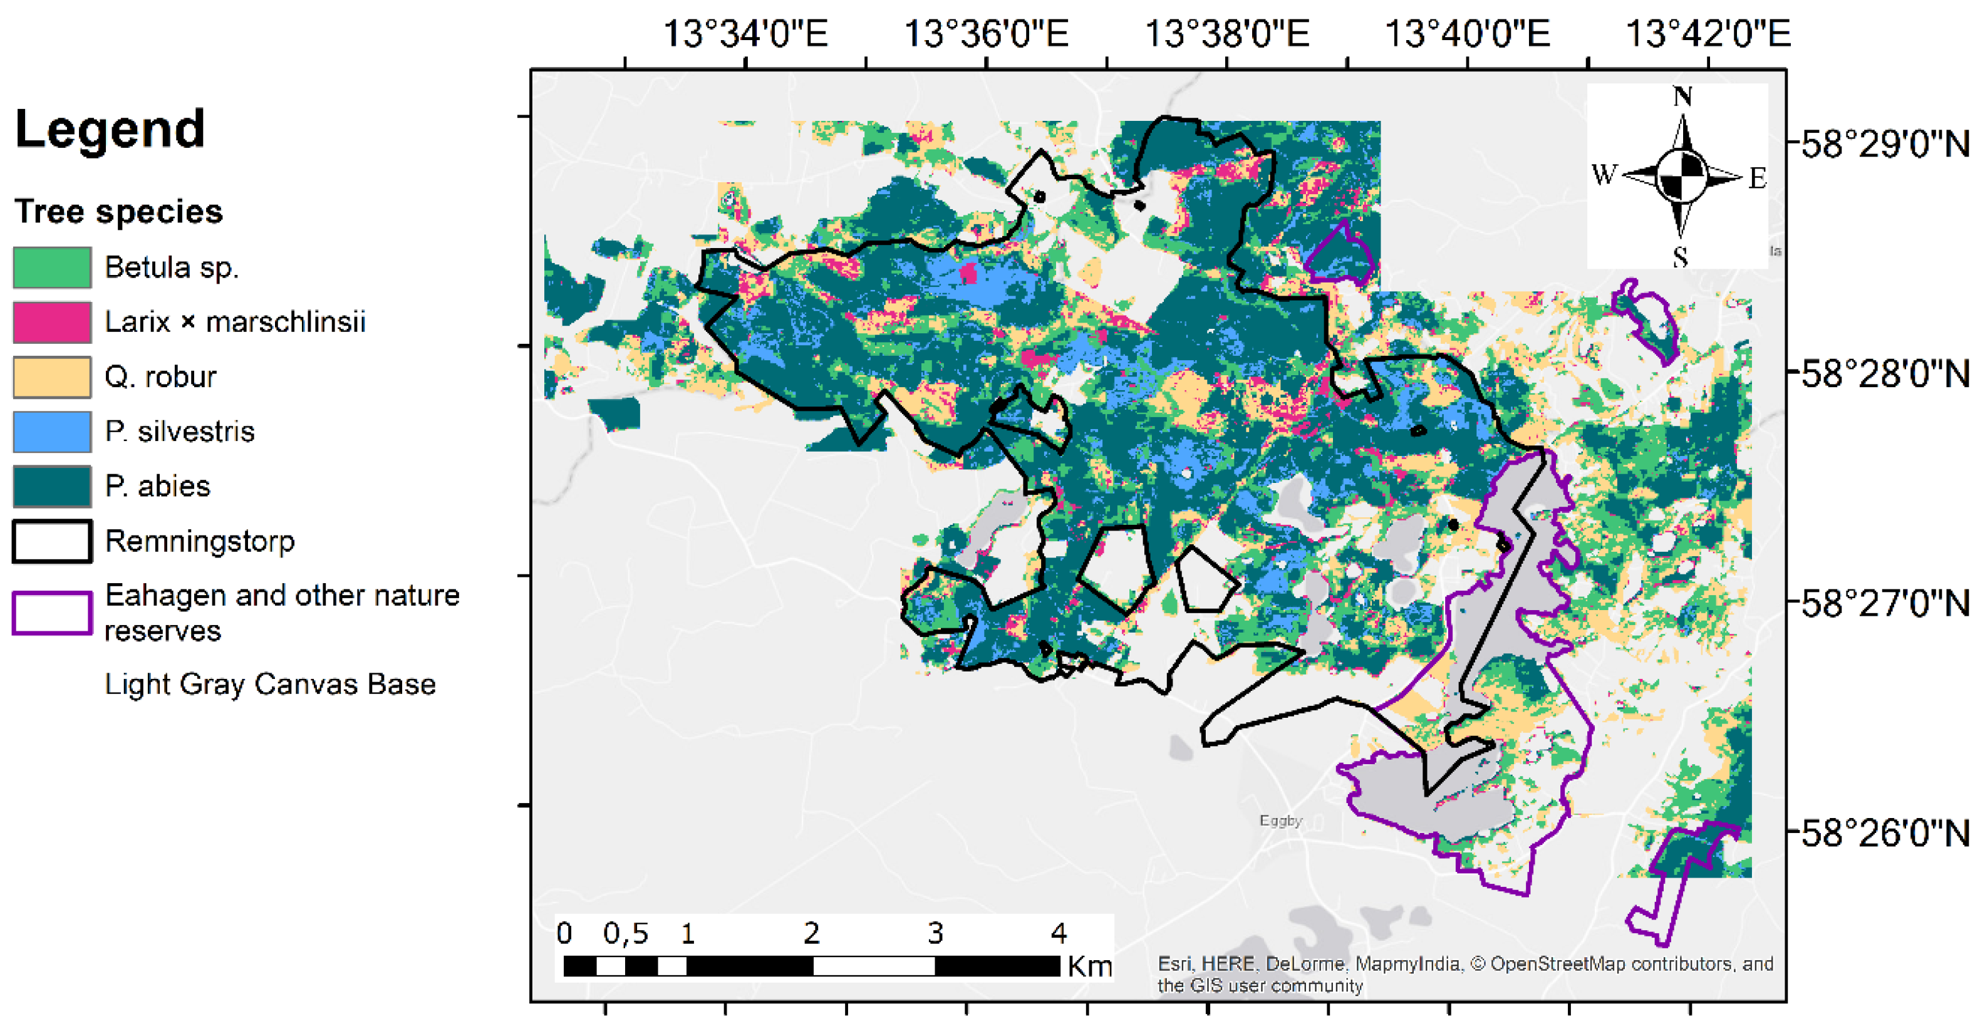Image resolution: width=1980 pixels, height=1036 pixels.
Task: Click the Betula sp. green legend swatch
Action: tap(52, 267)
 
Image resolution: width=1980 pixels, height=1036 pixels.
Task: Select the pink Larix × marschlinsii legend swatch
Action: tap(52, 322)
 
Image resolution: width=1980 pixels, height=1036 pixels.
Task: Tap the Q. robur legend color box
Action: tap(52, 376)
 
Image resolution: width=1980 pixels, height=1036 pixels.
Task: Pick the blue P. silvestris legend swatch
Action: tap(52, 431)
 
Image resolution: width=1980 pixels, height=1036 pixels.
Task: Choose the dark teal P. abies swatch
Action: tap(52, 485)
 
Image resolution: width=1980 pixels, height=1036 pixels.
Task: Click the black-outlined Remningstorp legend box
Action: tap(52, 541)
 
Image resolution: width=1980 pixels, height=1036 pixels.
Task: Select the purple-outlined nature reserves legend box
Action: tap(52, 613)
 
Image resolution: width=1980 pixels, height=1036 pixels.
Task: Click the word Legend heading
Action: tap(110, 129)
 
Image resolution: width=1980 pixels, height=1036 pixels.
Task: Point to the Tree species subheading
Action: tap(118, 211)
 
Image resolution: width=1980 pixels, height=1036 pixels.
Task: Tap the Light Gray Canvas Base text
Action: tap(270, 684)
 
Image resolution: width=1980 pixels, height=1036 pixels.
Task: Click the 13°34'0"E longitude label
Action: tap(745, 34)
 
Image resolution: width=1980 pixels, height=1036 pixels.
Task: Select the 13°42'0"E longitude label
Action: tap(1708, 34)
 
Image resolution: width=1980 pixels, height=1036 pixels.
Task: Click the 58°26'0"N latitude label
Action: tap(1885, 833)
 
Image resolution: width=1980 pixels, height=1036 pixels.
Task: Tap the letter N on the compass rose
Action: tap(1682, 97)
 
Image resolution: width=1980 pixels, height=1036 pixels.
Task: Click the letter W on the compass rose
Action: tap(1605, 175)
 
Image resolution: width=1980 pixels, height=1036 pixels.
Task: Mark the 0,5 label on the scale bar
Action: tap(626, 934)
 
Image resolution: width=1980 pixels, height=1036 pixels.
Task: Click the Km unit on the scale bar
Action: tap(1090, 966)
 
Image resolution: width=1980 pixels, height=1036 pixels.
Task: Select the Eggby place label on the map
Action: tap(1280, 821)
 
